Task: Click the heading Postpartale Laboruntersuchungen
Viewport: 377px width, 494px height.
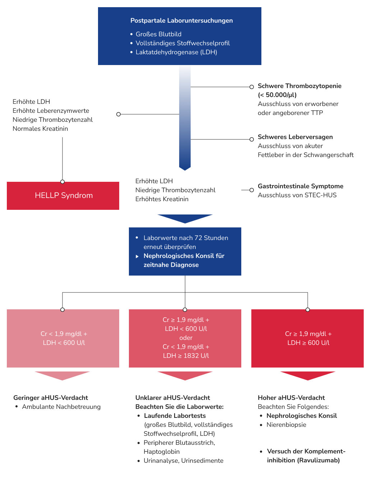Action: pos(181,20)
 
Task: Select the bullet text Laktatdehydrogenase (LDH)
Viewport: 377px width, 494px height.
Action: pos(176,52)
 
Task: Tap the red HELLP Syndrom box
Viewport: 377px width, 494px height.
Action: pos(63,195)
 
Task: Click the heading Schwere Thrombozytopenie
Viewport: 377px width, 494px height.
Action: pos(299,86)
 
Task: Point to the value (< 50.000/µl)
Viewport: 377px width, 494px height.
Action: pos(277,95)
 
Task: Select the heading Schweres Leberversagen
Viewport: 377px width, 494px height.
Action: pos(295,137)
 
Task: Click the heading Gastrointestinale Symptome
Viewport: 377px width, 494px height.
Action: pos(301,186)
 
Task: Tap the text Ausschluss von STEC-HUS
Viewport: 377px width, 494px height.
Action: pos(297,195)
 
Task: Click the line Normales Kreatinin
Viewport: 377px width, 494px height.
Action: pos(40,129)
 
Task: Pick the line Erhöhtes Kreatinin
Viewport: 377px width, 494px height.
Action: pos(162,199)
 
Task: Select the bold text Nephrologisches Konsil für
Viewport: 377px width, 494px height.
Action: pos(184,256)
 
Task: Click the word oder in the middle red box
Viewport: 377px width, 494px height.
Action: pos(186,338)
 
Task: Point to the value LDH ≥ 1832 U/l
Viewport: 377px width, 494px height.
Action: pos(186,356)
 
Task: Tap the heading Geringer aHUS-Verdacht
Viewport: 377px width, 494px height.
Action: pos(51,398)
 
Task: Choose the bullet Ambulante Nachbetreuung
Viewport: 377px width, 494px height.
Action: pos(61,407)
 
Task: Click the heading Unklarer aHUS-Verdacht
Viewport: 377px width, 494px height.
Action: pos(172,398)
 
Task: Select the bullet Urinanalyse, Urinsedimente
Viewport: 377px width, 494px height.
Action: pos(183,461)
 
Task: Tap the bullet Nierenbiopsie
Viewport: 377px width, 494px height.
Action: pos(286,425)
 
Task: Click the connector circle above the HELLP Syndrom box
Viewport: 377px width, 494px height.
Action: pos(62,182)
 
